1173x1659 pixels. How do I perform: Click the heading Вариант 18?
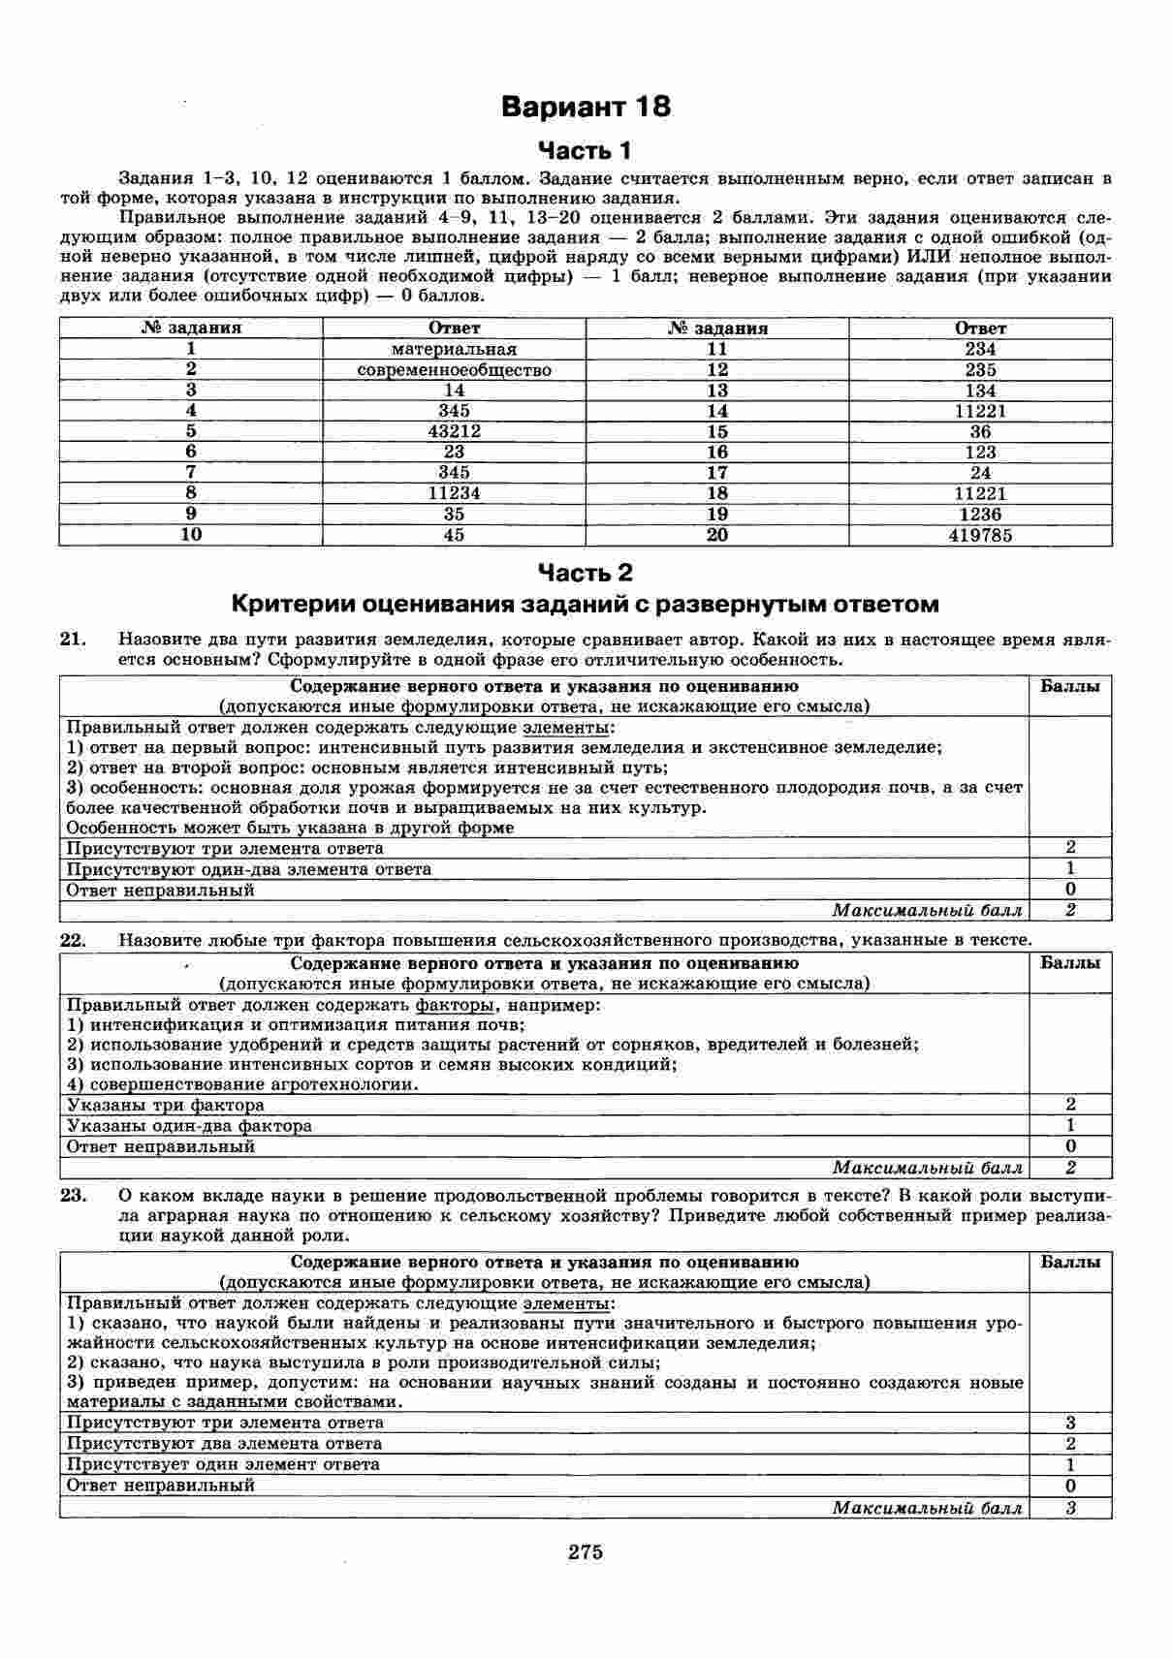click(586, 107)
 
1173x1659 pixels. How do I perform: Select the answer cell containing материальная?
click(454, 349)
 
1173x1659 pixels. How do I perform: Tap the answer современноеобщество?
click(454, 370)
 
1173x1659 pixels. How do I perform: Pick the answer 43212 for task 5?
click(454, 431)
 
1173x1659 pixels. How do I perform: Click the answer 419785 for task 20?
click(980, 535)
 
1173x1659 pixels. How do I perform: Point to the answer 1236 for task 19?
click(980, 515)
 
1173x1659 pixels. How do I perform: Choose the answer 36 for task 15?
click(980, 431)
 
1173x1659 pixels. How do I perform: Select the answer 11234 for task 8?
click(454, 493)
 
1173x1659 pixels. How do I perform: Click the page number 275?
click(586, 1551)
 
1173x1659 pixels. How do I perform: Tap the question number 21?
click(74, 640)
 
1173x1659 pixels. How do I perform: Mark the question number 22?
click(74, 939)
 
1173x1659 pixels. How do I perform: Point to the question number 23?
click(74, 1195)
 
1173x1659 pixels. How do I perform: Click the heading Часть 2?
click(586, 573)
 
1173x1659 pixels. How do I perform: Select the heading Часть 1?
click(586, 150)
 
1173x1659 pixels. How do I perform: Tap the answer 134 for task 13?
click(980, 391)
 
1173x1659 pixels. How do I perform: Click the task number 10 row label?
click(191, 535)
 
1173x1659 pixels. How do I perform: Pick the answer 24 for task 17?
click(980, 473)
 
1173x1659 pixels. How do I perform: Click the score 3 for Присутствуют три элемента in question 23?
click(1070, 1423)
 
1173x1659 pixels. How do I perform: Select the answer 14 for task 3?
click(454, 391)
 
